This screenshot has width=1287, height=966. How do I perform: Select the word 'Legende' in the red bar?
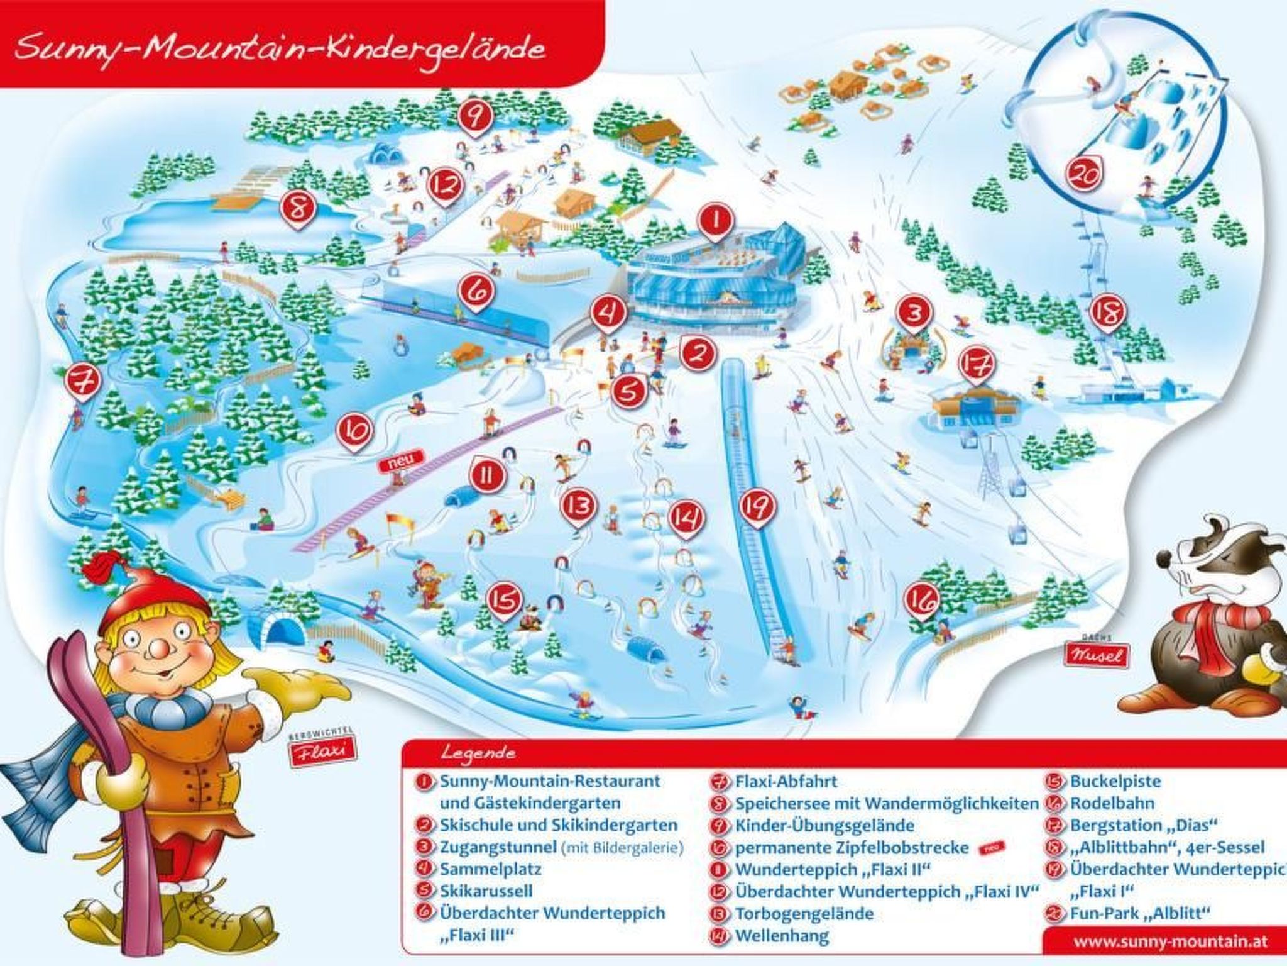tap(478, 752)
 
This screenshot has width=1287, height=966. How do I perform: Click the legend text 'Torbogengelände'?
tap(804, 913)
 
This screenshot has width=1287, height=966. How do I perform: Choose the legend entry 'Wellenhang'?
tap(782, 935)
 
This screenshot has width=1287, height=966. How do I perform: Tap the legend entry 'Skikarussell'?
tap(486, 891)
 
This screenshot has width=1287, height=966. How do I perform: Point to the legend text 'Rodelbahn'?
tap(1112, 803)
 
